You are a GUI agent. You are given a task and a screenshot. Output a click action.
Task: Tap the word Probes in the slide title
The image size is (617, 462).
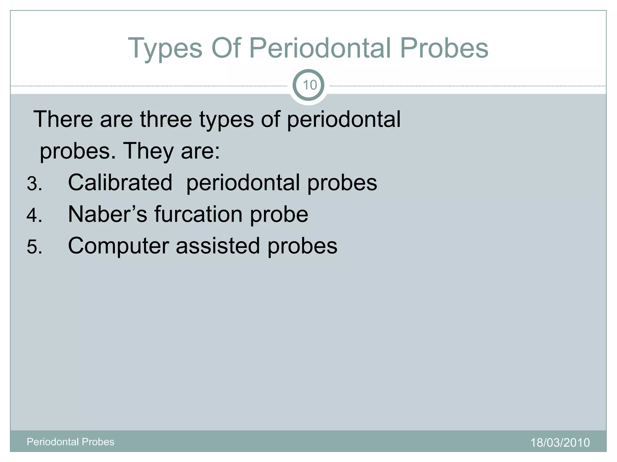[444, 48]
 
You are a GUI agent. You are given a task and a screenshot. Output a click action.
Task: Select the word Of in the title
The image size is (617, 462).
[226, 48]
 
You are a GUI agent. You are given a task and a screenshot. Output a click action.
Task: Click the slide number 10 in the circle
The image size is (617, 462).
[309, 85]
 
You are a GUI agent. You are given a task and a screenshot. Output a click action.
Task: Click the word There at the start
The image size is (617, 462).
[63, 119]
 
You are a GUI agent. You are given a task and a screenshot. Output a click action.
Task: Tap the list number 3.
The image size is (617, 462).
[34, 183]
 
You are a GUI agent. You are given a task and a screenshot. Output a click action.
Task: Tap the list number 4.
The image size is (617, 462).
[34, 215]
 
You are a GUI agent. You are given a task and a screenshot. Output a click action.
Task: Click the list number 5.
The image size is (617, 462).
[34, 247]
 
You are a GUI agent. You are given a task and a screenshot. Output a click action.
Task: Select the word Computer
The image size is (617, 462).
[118, 246]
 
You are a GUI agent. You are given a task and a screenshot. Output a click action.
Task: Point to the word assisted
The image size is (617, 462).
[218, 246]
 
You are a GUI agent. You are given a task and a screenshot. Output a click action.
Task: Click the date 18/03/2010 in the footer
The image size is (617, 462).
[560, 442]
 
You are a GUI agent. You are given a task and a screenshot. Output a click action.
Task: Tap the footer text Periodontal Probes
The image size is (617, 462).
[70, 442]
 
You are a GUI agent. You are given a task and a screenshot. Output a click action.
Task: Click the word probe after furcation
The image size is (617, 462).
[279, 215]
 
